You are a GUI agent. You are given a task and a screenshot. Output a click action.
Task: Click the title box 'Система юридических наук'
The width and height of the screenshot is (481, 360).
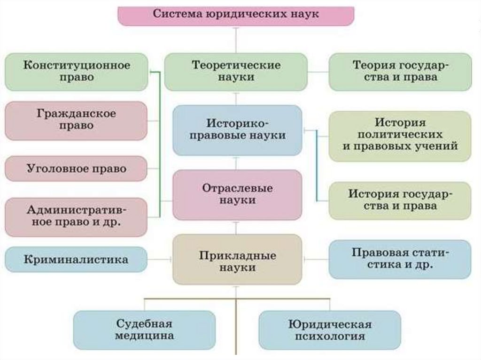coord(235,15)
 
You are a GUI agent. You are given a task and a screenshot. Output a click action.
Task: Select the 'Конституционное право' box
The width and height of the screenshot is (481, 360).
coord(77,71)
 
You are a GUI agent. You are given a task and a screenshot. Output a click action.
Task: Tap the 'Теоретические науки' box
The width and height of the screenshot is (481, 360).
coord(236,71)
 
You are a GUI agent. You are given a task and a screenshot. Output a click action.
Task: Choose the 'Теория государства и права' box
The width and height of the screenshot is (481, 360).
coord(400,71)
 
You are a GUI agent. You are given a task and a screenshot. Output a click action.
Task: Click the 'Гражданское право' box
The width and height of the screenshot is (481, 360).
coord(77,120)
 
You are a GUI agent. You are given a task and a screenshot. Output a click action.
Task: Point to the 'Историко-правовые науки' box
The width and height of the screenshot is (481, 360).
coord(237,130)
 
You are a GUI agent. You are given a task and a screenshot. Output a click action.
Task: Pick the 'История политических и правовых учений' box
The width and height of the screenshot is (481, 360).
coord(400,136)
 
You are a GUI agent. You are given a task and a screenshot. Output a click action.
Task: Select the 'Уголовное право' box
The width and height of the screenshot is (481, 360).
coord(77,169)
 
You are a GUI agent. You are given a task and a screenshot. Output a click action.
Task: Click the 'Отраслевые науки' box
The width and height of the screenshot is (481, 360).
coord(237,194)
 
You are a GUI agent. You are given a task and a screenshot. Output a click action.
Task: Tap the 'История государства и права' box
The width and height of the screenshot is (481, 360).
coord(400,200)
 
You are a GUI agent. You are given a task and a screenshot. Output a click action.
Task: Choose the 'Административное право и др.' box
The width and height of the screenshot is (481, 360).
coord(77,216)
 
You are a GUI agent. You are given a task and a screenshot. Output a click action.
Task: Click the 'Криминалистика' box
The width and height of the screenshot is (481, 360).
coord(77,260)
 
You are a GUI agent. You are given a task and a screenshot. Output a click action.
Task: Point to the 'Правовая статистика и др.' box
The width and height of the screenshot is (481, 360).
coord(400,259)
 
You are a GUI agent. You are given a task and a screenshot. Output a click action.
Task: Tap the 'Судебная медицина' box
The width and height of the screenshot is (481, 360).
coord(144,330)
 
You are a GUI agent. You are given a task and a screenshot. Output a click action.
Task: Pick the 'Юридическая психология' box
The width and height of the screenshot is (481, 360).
coord(330,330)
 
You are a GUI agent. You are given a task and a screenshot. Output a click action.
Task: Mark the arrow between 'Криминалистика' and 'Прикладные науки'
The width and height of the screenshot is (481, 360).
coord(160,259)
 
